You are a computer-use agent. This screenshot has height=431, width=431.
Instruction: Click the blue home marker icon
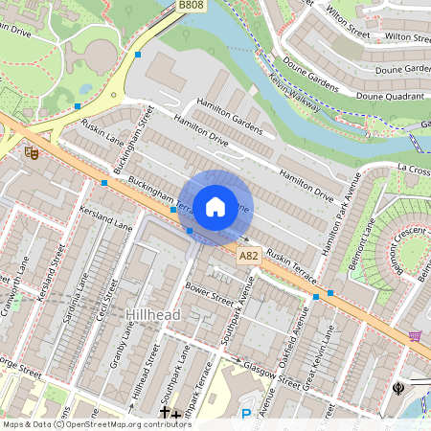click(215, 206)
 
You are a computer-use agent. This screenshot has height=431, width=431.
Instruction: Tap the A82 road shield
click(249, 255)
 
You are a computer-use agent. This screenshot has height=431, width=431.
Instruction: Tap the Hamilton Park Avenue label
click(343, 215)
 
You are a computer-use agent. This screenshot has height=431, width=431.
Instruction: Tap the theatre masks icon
click(31, 151)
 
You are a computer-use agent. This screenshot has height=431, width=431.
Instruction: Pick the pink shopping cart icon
click(415, 336)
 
